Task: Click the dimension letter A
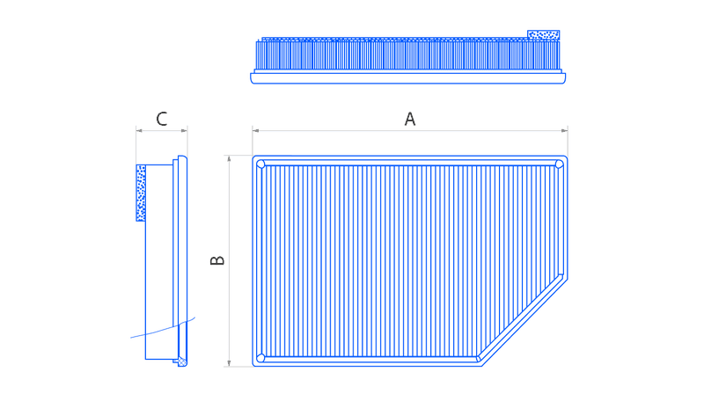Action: coord(409,119)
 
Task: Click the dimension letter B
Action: coord(217,260)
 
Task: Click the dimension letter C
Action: coord(162,119)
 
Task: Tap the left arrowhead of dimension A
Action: coord(255,130)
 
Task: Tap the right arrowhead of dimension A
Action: coord(564,130)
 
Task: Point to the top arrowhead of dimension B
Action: coord(229,159)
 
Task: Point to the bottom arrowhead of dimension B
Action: coord(229,363)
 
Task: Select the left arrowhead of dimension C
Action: coord(139,130)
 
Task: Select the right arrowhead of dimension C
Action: coord(184,130)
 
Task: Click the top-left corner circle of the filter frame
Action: coord(260,164)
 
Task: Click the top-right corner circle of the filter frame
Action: coord(559,164)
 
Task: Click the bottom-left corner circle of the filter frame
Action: coord(260,358)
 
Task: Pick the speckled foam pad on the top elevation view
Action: coord(543,34)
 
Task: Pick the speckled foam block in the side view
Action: coord(141,193)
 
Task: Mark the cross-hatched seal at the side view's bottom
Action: coord(182,361)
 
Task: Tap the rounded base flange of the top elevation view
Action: coord(407,78)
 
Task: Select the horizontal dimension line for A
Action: coord(410,130)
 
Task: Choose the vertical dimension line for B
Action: coord(229,261)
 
